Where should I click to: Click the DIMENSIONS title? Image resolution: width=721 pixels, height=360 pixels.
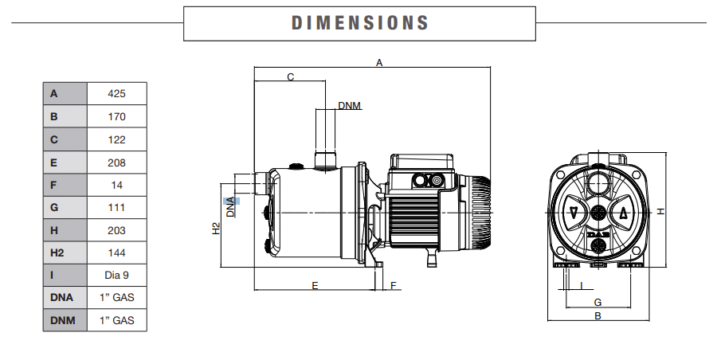(360, 22)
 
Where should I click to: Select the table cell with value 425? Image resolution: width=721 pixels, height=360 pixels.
(116, 93)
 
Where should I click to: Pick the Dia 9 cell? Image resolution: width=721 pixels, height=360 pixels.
(116, 276)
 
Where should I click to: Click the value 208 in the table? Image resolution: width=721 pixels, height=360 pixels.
(116, 162)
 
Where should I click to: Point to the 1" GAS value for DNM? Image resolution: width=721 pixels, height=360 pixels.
(116, 321)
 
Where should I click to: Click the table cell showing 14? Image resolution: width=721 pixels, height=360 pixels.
(116, 185)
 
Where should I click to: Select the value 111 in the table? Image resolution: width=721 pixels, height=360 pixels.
(116, 207)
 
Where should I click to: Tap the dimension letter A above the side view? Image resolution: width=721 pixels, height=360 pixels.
(380, 62)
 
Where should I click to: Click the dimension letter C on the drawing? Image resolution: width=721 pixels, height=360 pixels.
(291, 77)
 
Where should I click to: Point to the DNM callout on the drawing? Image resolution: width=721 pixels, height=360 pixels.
(349, 106)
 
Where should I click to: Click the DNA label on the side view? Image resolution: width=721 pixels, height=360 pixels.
(230, 206)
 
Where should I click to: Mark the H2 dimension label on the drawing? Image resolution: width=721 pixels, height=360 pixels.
(215, 229)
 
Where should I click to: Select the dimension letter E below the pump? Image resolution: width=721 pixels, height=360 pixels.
(315, 284)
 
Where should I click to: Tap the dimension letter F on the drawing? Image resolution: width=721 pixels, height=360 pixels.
(393, 284)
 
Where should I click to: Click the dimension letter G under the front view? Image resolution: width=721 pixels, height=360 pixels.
(598, 302)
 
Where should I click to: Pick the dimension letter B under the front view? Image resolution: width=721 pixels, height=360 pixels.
(598, 316)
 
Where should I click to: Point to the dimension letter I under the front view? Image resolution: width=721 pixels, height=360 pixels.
(582, 284)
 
